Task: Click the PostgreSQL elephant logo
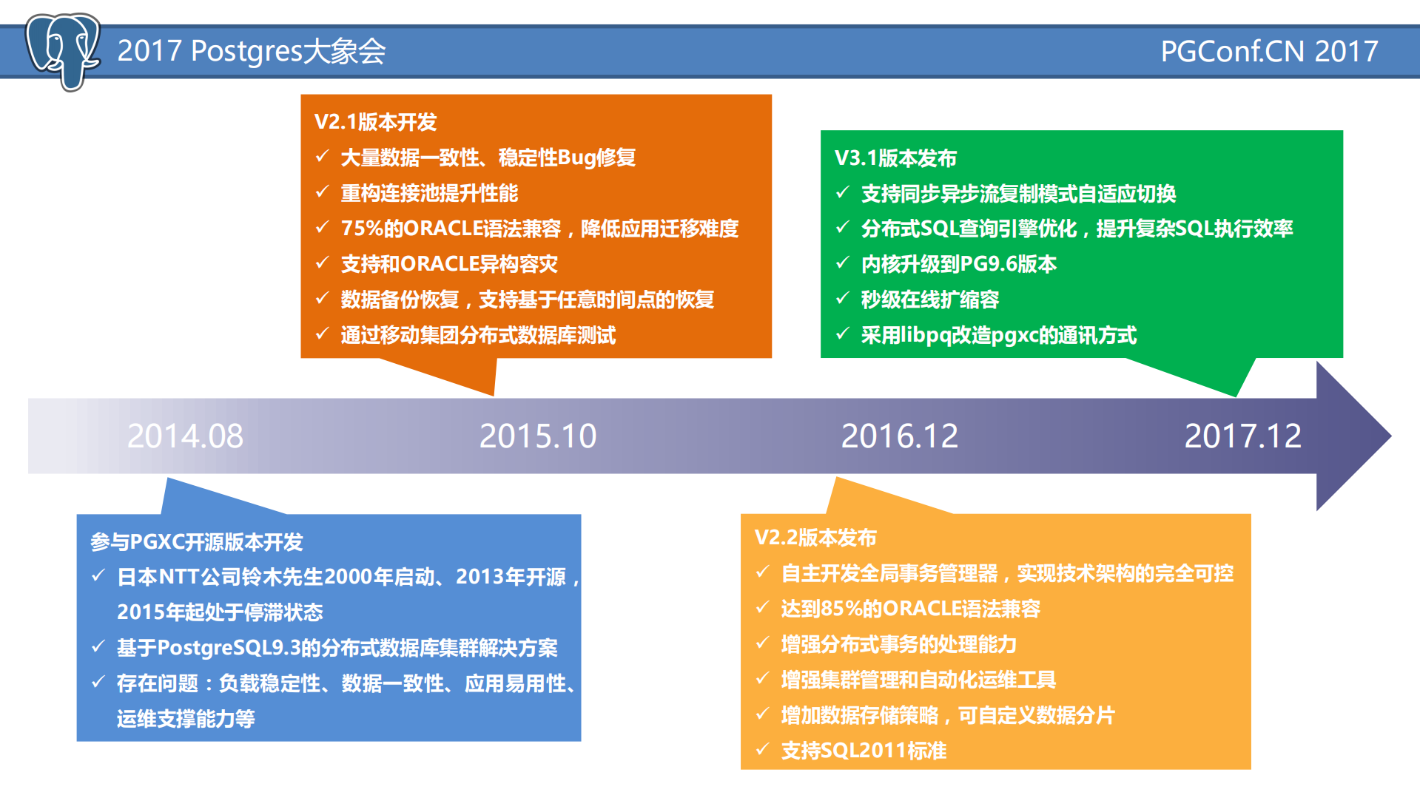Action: pos(63,50)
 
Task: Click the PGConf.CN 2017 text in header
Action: pos(1268,52)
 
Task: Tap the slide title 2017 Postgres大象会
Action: pos(252,51)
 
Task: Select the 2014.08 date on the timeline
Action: pos(185,436)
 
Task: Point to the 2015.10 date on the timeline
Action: pos(538,436)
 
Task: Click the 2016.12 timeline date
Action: pos(899,436)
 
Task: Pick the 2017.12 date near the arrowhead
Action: pos(1242,436)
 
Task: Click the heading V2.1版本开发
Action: pos(375,122)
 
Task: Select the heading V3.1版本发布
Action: pos(895,158)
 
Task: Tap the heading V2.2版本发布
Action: pos(815,538)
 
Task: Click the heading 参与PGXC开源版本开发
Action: pos(197,542)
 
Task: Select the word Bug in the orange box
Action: pos(576,158)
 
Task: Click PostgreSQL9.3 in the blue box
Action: pos(229,648)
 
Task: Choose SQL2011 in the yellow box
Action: pos(864,751)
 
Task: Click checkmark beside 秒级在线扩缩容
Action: pos(842,298)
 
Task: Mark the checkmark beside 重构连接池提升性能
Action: pos(322,192)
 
